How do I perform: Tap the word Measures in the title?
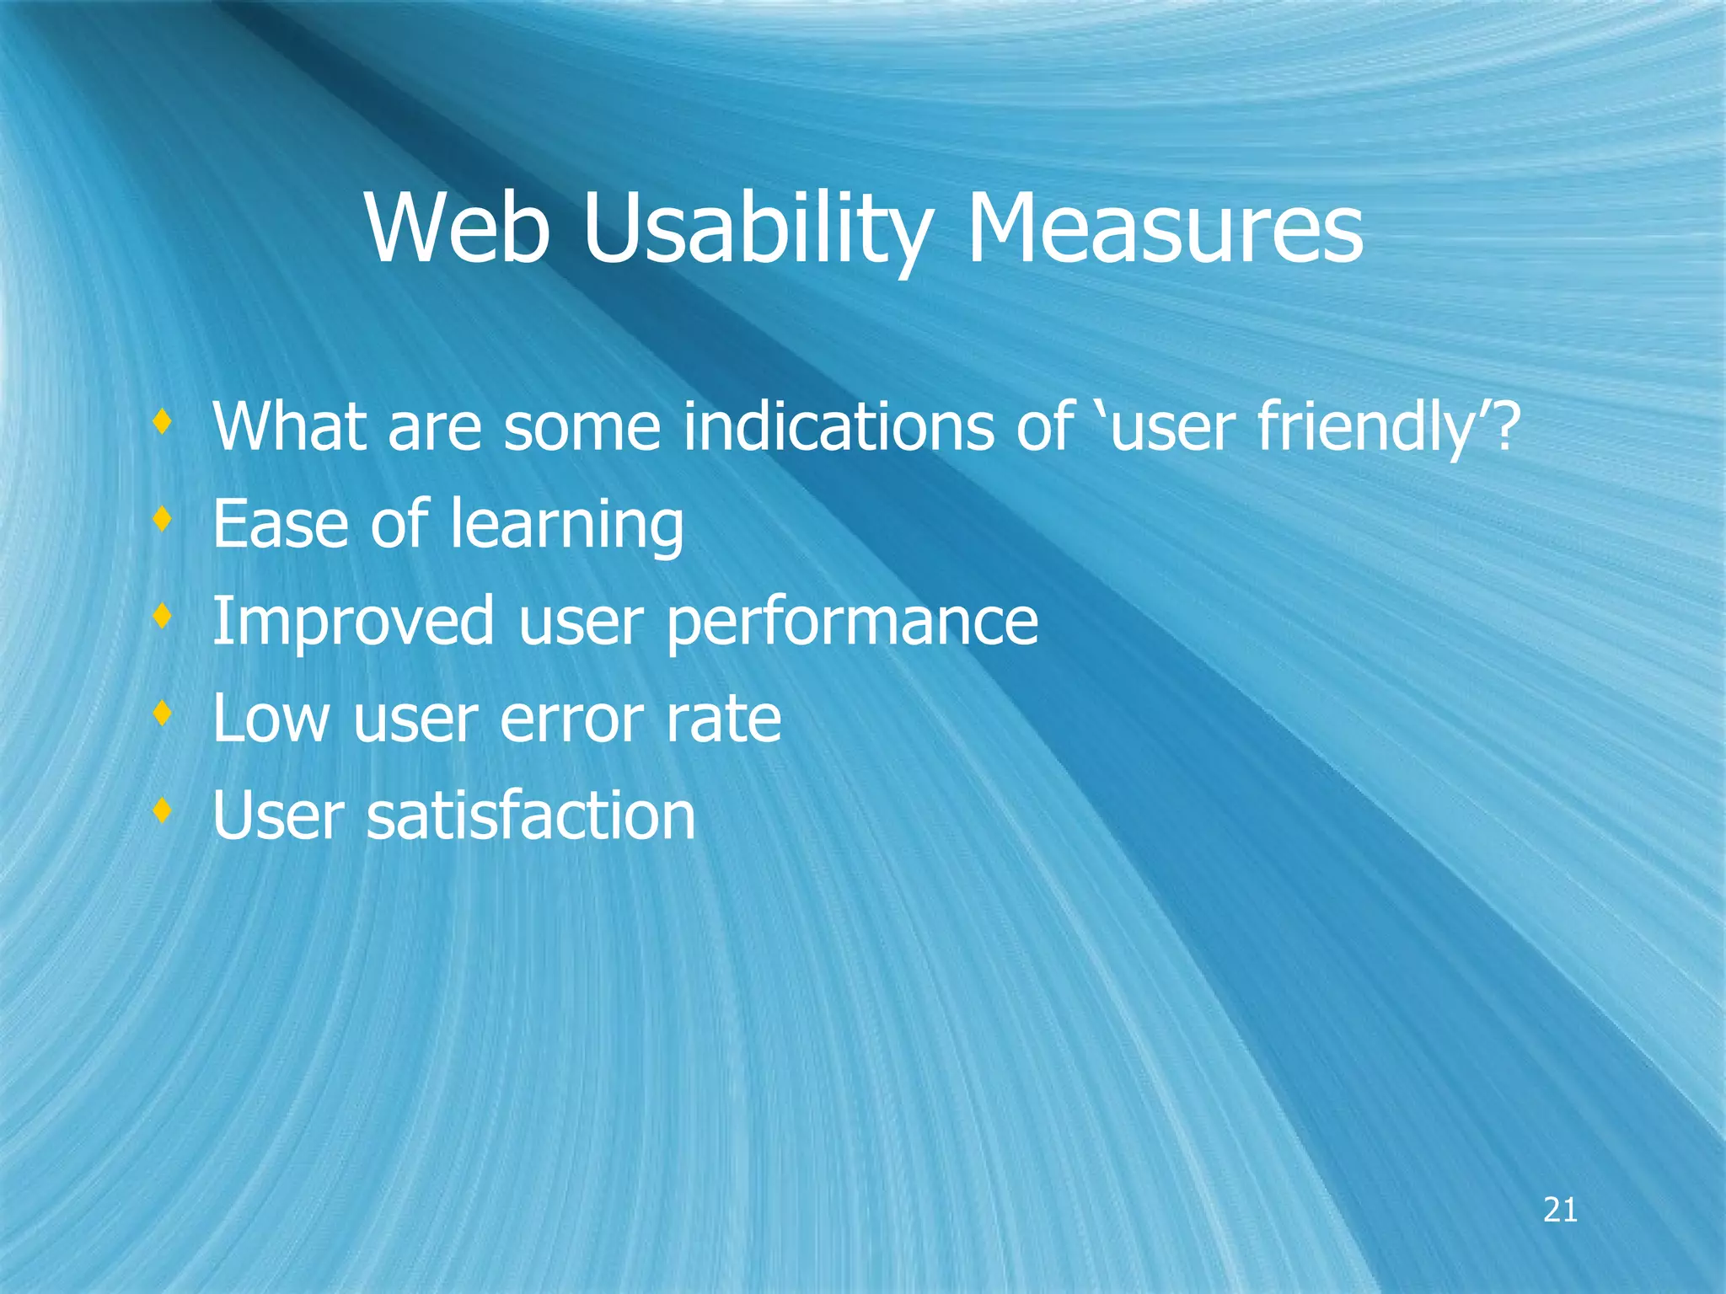(x=1164, y=229)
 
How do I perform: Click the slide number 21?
(x=1560, y=1211)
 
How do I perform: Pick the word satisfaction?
(x=530, y=816)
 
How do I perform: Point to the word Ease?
(x=281, y=525)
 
